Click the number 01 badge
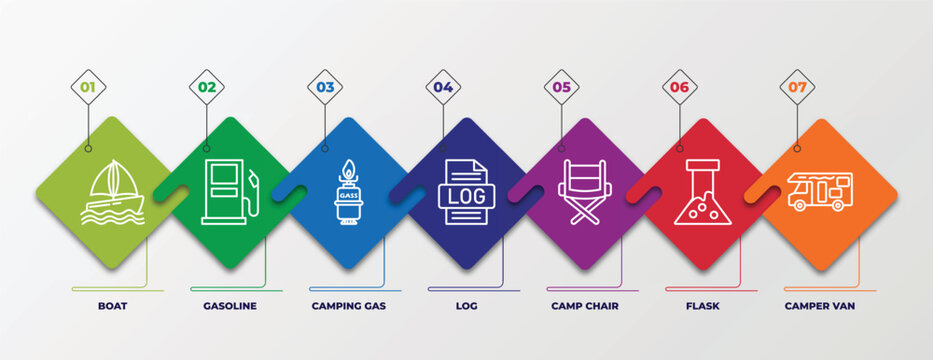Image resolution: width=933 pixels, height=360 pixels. pyautogui.click(x=88, y=87)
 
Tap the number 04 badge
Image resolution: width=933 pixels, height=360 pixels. pyautogui.click(x=443, y=87)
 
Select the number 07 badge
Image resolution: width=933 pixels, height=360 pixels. pyautogui.click(x=797, y=87)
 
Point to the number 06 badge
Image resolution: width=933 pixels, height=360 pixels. pyautogui.click(x=679, y=87)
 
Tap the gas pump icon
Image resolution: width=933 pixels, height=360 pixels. pyautogui.click(x=229, y=191)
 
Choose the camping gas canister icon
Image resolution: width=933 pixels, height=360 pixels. pyautogui.click(x=348, y=193)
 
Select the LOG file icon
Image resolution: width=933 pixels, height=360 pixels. pyautogui.click(x=465, y=191)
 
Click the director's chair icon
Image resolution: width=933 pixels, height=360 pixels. pyautogui.click(x=585, y=192)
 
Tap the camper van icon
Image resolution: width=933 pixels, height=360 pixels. pyautogui.click(x=820, y=190)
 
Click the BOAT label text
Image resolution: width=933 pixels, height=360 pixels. pyautogui.click(x=112, y=305)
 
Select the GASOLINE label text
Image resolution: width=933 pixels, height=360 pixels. pyautogui.click(x=230, y=305)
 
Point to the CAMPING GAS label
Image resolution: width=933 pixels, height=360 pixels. pyautogui.click(x=348, y=305)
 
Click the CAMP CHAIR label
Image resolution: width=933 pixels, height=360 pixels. pyautogui.click(x=585, y=305)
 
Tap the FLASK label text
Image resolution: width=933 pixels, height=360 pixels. pyautogui.click(x=702, y=305)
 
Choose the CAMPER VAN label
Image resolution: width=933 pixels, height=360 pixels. pyautogui.click(x=820, y=305)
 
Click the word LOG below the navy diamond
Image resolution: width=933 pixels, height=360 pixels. pyautogui.click(x=466, y=305)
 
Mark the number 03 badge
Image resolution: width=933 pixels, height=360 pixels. pyautogui.click(x=325, y=87)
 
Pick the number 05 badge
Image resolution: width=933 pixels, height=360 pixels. pyautogui.click(x=561, y=87)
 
